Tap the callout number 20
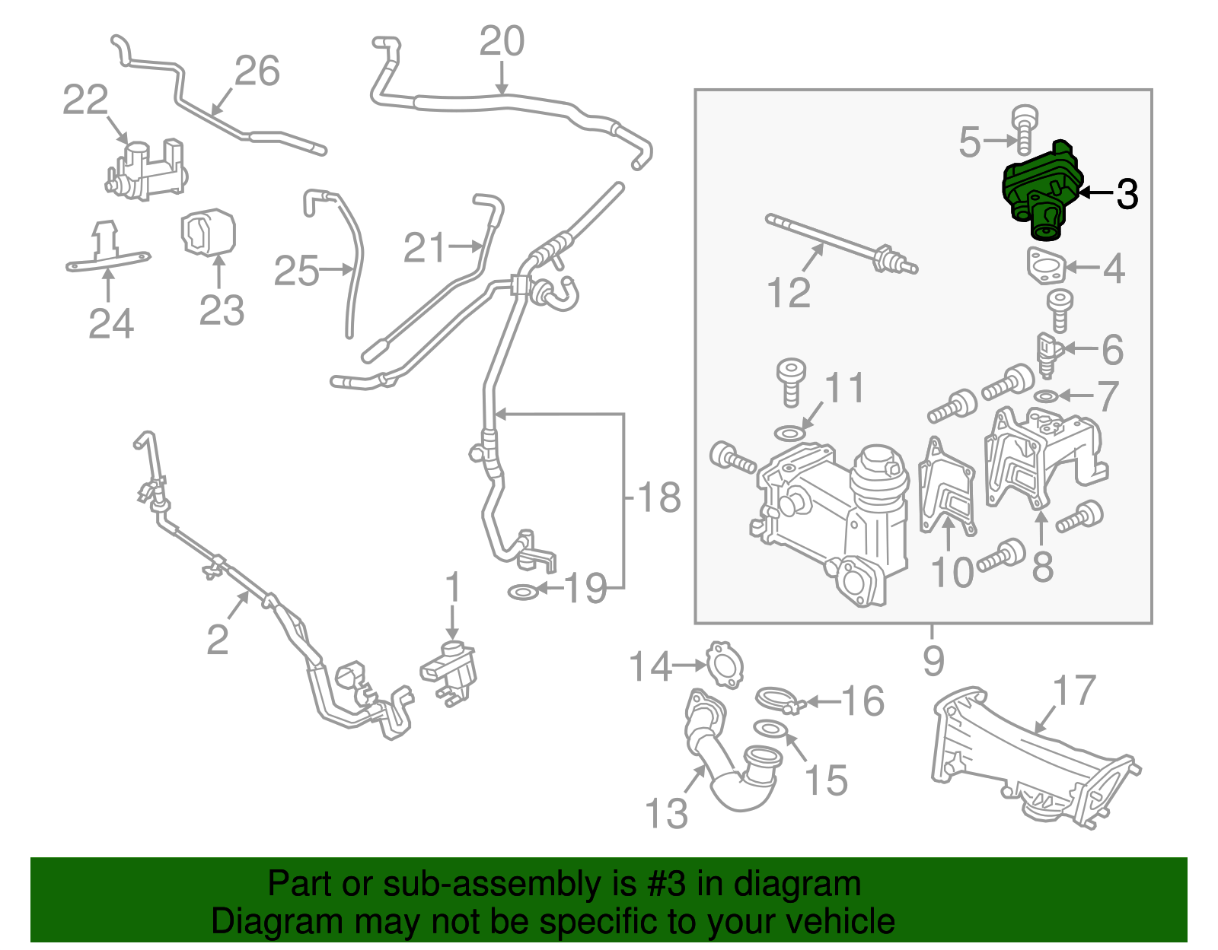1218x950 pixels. coord(502,41)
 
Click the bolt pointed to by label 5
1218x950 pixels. coord(1024,129)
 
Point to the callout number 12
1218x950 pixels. coord(789,292)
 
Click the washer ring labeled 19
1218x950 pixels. coord(522,591)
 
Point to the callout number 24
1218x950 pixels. coord(111,323)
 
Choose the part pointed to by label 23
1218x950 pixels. coord(208,233)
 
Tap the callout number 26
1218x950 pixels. coord(257,71)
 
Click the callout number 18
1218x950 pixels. coord(659,497)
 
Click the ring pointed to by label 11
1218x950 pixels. coord(789,434)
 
